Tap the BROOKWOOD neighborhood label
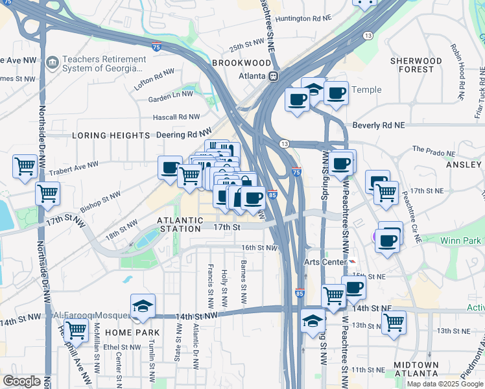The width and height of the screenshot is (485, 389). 241,64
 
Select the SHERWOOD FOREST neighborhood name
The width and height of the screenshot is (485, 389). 416,65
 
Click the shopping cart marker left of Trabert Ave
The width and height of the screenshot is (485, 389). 25,166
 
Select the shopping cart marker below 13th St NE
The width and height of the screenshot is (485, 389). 394,322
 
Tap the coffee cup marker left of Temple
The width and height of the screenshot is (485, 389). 297,100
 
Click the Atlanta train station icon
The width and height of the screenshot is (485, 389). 274,76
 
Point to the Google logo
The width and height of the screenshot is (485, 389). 21,382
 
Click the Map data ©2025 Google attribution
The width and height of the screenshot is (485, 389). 445,384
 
